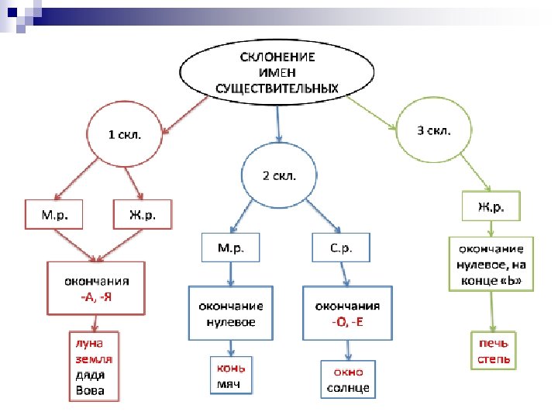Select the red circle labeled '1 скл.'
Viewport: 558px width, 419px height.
pyautogui.click(x=124, y=135)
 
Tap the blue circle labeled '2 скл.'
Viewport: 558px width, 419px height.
pyautogui.click(x=279, y=175)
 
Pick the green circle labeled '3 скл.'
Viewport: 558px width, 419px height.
pyautogui.click(x=433, y=131)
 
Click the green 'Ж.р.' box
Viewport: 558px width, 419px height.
pyautogui.click(x=491, y=207)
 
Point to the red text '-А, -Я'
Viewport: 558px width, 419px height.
pyautogui.click(x=97, y=296)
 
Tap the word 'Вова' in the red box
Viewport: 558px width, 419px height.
pyautogui.click(x=90, y=390)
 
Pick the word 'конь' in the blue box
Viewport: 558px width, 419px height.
pyautogui.click(x=231, y=368)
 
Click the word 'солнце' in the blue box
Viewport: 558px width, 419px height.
pyautogui.click(x=346, y=387)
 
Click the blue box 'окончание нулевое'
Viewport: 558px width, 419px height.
pyautogui.click(x=230, y=313)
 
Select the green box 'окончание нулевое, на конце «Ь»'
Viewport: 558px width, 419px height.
pyautogui.click(x=491, y=264)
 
